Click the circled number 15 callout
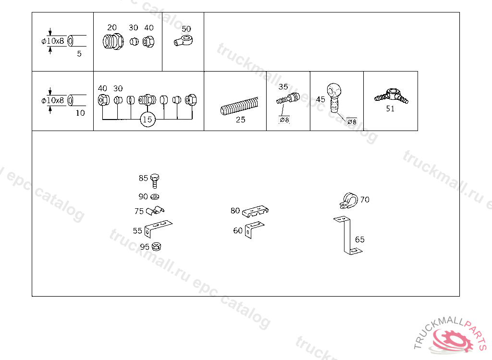tap(148, 119)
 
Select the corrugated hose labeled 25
tap(239, 106)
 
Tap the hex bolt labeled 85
tap(155, 181)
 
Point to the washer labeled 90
tap(155, 197)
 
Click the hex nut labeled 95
tap(156, 247)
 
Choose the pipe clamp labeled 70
tap(349, 201)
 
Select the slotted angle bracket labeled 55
tap(158, 229)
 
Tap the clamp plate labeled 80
tap(255, 211)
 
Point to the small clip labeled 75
tap(155, 211)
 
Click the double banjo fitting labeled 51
tap(391, 96)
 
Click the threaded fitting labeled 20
tap(113, 42)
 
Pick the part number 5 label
tap(79, 54)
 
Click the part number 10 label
tap(80, 113)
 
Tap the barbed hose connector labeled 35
tap(288, 99)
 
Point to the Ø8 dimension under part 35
tap(284, 120)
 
